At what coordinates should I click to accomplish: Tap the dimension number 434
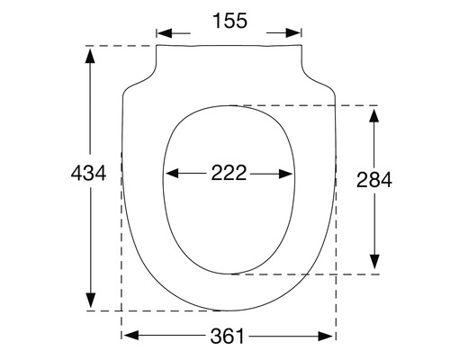click(88, 174)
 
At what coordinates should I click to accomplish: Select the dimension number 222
click(229, 174)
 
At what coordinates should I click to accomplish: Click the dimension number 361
click(229, 337)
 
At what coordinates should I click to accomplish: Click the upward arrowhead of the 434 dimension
click(90, 52)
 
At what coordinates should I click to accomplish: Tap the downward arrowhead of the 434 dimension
click(90, 302)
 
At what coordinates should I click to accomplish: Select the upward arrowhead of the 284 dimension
click(374, 112)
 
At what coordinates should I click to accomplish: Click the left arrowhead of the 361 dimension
click(130, 336)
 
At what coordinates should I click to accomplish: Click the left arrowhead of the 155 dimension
click(165, 33)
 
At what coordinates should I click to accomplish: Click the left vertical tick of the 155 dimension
click(157, 34)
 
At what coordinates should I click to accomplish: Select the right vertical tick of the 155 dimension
click(301, 34)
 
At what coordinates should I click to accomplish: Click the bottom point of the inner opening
click(230, 272)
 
